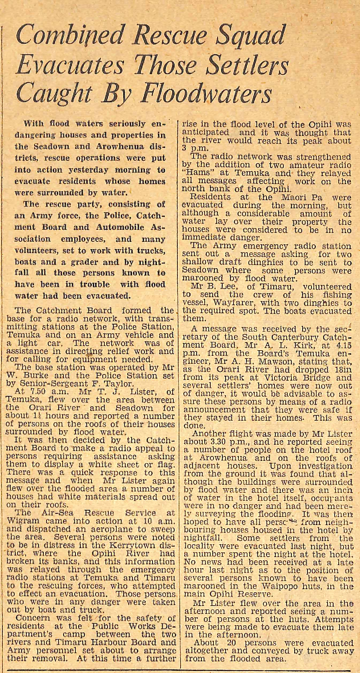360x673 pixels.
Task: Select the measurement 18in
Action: (x=344, y=370)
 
